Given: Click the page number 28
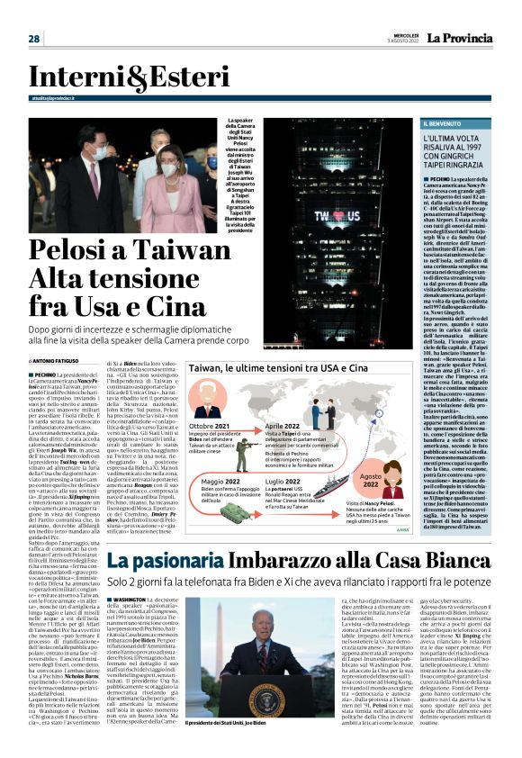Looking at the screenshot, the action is pos(33,38).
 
